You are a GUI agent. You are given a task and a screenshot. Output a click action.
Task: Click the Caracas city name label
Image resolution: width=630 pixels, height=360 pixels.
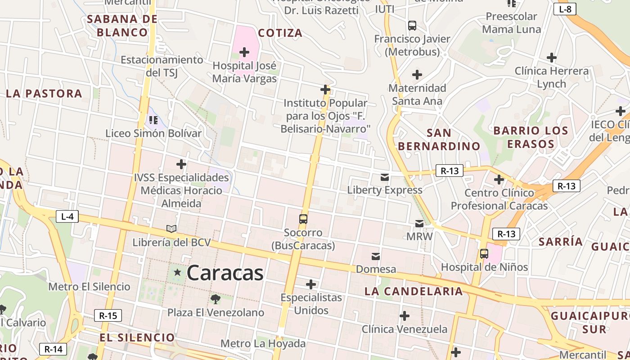(225, 273)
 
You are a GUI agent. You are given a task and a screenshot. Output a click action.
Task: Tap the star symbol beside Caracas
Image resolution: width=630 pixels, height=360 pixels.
(177, 272)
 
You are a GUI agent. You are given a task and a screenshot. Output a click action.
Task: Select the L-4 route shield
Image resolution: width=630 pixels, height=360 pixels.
(67, 216)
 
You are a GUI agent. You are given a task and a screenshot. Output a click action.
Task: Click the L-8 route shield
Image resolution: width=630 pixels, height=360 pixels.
(565, 9)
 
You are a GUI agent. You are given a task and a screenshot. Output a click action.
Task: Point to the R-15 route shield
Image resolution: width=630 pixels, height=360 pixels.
(108, 315)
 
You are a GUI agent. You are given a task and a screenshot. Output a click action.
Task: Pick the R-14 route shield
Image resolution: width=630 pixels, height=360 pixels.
(54, 349)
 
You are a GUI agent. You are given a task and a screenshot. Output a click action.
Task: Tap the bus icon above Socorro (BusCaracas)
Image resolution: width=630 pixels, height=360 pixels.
(303, 219)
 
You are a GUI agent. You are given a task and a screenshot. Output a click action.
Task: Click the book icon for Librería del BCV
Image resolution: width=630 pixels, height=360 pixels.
(171, 229)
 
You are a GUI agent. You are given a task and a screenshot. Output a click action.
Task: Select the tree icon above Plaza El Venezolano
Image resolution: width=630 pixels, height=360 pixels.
(216, 298)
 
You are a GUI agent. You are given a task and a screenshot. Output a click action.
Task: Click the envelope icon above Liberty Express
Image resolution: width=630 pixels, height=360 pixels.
(385, 177)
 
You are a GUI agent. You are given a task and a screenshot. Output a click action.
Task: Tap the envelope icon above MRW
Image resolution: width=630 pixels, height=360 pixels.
(419, 223)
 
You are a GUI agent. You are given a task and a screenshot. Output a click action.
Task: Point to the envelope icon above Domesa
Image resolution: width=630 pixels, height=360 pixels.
(376, 256)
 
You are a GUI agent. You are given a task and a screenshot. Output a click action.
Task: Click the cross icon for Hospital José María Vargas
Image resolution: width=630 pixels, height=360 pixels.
(244, 53)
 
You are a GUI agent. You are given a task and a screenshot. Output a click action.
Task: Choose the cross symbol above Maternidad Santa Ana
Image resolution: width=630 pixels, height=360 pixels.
(417, 74)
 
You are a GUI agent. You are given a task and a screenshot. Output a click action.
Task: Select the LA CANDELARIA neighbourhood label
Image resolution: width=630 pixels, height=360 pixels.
(414, 291)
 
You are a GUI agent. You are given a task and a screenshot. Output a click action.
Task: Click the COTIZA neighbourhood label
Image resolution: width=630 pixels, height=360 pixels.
(280, 33)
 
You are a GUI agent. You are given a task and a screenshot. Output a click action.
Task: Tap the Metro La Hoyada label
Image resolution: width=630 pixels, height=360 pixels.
(263, 344)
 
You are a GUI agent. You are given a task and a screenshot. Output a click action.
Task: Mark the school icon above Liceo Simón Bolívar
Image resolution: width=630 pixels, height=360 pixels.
(153, 120)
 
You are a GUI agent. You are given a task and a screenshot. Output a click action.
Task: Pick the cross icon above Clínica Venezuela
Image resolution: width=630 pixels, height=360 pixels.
(405, 316)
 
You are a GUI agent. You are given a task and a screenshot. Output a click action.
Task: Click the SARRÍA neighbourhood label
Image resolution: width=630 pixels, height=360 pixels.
(561, 242)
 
